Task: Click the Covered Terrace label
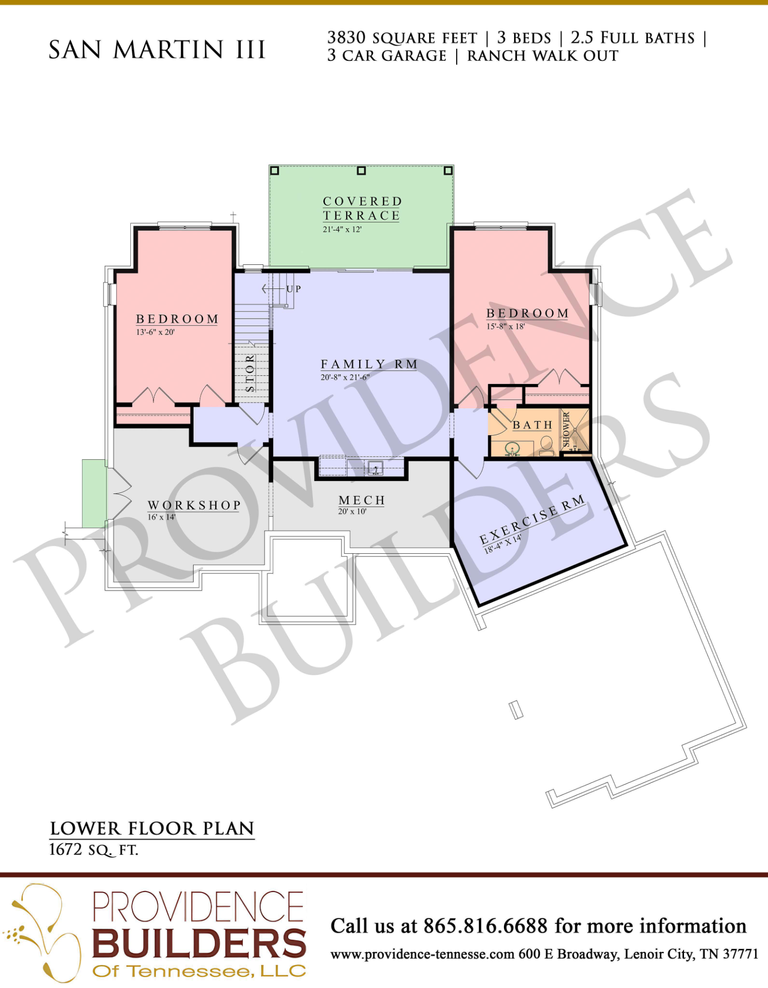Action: pyautogui.click(x=362, y=208)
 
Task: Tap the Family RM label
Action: pyautogui.click(x=369, y=364)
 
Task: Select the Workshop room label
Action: pyautogui.click(x=194, y=505)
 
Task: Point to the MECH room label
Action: pyautogui.click(x=362, y=500)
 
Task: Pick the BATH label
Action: pyautogui.click(x=533, y=425)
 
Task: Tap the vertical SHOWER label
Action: pyautogui.click(x=566, y=429)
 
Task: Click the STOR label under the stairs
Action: pyautogui.click(x=250, y=373)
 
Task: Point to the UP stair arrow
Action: pyautogui.click(x=275, y=289)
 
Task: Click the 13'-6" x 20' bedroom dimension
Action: pyautogui.click(x=155, y=332)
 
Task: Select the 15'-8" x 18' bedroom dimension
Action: pyautogui.click(x=505, y=326)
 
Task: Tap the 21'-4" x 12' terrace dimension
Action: pyautogui.click(x=342, y=229)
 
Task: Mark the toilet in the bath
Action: pyautogui.click(x=546, y=445)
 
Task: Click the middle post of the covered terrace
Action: pyautogui.click(x=361, y=171)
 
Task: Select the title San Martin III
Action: pyautogui.click(x=157, y=49)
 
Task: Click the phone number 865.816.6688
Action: pyautogui.click(x=485, y=926)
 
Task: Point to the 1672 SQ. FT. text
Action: pyautogui.click(x=94, y=850)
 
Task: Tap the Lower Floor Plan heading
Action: pyautogui.click(x=152, y=828)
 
